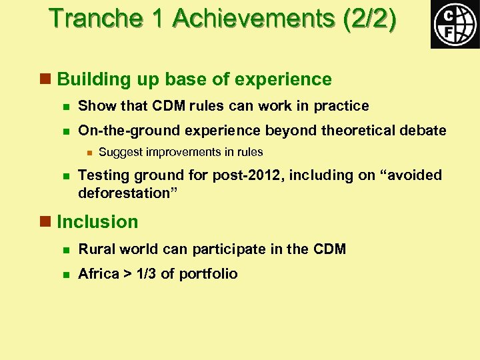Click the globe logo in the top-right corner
(x=455, y=24)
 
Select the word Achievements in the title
(x=253, y=19)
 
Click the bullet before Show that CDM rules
(x=65, y=107)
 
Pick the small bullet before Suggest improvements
(x=87, y=152)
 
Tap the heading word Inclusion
(x=98, y=222)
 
